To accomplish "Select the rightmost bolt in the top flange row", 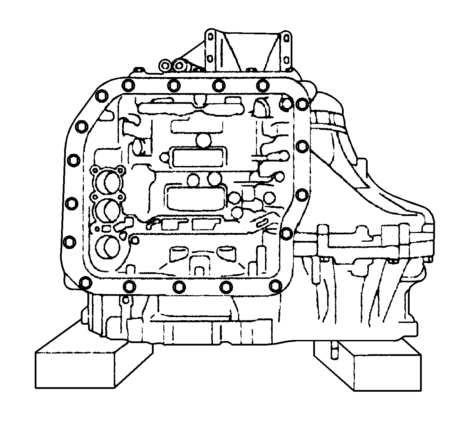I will (262, 84).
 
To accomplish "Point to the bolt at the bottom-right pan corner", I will (275, 284).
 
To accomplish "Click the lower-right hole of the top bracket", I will (287, 58).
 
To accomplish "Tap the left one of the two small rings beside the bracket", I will (165, 65).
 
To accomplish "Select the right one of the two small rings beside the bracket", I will (180, 65).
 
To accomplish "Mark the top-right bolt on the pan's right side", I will (301, 103).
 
